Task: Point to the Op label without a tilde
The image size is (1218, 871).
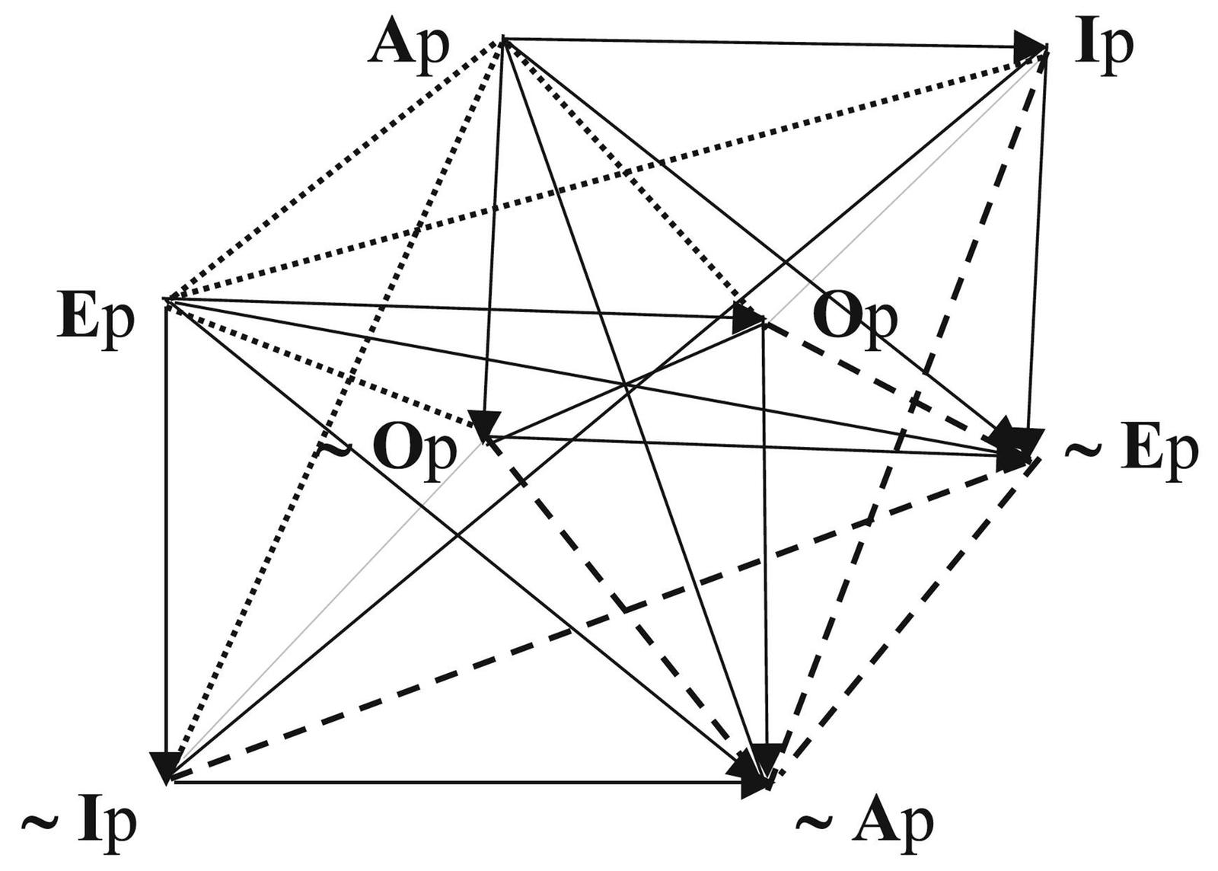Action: coord(855,317)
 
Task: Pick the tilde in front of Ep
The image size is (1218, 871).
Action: coord(1082,451)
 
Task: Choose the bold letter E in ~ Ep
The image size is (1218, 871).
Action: coord(1140,451)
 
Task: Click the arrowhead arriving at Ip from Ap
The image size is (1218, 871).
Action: coord(1029,45)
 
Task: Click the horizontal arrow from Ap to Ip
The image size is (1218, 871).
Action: coord(761,42)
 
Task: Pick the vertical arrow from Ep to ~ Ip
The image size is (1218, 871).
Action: coord(166,533)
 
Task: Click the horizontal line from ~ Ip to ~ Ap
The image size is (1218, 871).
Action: coord(457,780)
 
